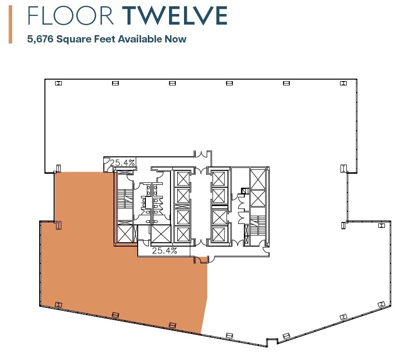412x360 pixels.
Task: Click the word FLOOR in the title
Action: point(71,15)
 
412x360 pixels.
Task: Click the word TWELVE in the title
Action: point(175,15)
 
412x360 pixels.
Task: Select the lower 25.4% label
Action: point(165,251)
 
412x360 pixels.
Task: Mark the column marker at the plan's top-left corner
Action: point(58,83)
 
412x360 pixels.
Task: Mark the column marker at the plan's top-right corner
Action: point(343,83)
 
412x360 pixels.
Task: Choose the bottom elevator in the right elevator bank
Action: point(219,234)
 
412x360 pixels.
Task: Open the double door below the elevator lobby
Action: point(201,260)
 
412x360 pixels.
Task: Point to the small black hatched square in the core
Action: point(244,191)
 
